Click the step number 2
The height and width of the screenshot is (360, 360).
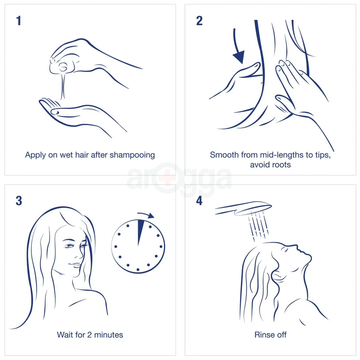coord(199,21)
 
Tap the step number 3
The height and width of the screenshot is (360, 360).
coord(19,201)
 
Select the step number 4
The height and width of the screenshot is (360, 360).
coord(199,201)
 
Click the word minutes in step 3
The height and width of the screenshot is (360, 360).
coord(107,335)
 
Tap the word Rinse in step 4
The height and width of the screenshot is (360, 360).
coord(263,335)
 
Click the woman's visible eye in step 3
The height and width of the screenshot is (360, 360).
coord(69,247)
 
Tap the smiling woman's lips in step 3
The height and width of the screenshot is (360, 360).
coord(75,265)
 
